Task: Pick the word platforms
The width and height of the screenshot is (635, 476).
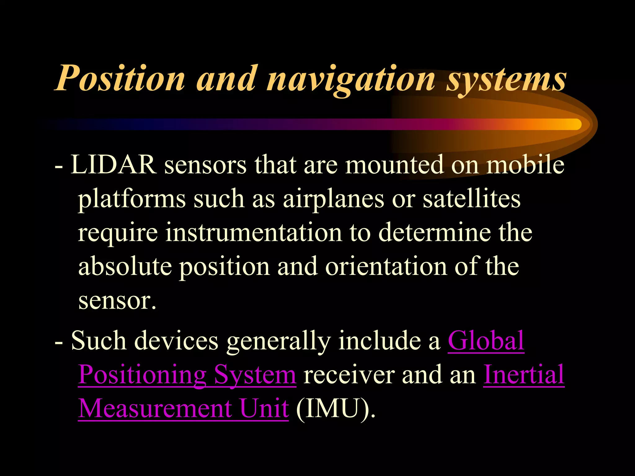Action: (x=131, y=199)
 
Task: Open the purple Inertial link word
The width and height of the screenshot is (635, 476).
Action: (x=524, y=374)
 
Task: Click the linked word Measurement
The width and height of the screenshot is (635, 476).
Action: (x=155, y=408)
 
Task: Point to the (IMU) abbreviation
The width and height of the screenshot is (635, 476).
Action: (x=335, y=409)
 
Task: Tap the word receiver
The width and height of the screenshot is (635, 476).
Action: (x=349, y=375)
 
